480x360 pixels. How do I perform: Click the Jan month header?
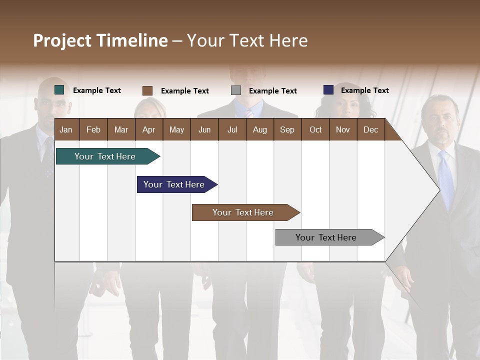tap(66, 129)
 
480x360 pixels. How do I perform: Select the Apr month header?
tap(148, 129)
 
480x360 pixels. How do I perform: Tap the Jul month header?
tap(232, 129)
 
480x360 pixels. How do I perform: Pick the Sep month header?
tap(287, 129)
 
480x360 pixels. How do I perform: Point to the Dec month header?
tap(370, 129)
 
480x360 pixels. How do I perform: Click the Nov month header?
tap(342, 129)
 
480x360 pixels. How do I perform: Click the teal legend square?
tap(59, 90)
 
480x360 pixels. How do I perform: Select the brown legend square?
tap(147, 90)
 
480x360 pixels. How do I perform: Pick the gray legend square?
tap(236, 90)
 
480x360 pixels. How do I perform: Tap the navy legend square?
tap(328, 90)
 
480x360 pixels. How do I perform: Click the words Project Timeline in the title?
tap(100, 40)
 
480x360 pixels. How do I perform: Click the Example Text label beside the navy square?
tap(364, 90)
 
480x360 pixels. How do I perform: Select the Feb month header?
tap(93, 129)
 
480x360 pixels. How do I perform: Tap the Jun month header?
tap(204, 129)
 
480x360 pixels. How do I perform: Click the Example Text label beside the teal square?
tap(96, 90)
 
